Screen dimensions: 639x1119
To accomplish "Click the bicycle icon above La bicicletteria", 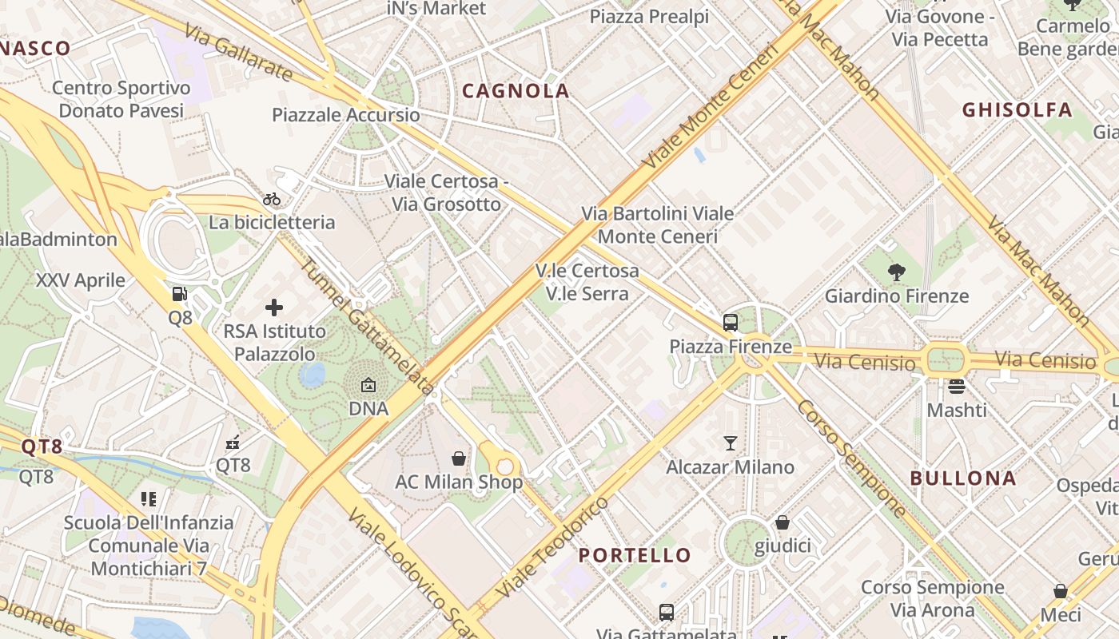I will click(x=272, y=199).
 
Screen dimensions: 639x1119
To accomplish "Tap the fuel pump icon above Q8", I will click(x=180, y=294).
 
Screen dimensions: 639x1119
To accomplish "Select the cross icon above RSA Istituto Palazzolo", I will click(x=274, y=307).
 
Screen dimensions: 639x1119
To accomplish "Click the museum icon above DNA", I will click(x=368, y=385).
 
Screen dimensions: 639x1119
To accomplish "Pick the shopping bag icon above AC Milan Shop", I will click(x=459, y=458).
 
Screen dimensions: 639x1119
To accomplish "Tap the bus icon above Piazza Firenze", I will click(x=730, y=323).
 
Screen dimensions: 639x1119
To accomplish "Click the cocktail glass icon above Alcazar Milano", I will click(x=730, y=443).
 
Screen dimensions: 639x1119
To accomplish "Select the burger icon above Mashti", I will click(x=957, y=387).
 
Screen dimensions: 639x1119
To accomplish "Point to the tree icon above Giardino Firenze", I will click(x=896, y=272).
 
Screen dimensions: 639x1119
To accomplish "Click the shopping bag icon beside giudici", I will click(x=783, y=522).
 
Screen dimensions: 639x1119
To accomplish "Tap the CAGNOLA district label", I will click(x=516, y=91).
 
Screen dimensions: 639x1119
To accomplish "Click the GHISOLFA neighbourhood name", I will click(x=1017, y=110).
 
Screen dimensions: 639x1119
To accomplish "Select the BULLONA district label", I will click(x=963, y=478).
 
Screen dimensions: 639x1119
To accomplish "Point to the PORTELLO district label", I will click(x=635, y=555).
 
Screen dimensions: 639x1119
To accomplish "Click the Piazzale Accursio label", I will click(x=345, y=115).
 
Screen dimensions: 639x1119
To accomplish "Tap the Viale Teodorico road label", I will click(x=552, y=548).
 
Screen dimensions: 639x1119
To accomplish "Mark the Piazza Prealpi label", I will click(x=649, y=17).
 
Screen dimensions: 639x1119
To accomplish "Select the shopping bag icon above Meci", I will click(x=1060, y=591).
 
